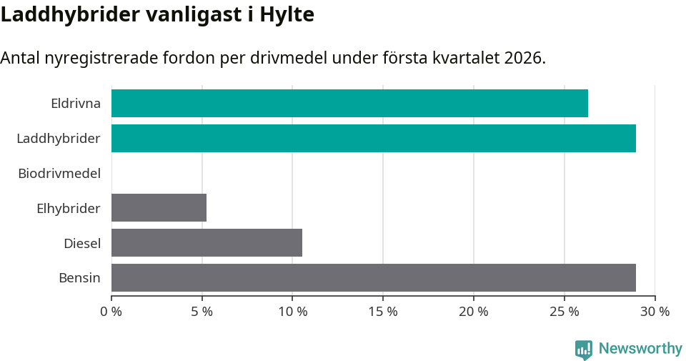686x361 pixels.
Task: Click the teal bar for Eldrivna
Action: (x=349, y=103)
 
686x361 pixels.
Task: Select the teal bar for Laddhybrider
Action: (x=374, y=138)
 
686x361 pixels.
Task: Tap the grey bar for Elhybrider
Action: (x=159, y=207)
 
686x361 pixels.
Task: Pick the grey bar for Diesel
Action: (x=207, y=242)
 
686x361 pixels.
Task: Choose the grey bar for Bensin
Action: (x=374, y=277)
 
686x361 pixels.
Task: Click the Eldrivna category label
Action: (x=76, y=103)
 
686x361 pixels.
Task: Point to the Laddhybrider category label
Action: (x=59, y=138)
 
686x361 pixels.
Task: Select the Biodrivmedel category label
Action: (x=59, y=173)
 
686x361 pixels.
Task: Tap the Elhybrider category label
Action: (x=69, y=208)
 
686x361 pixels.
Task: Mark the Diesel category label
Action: (x=82, y=243)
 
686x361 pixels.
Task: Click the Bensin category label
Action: (x=79, y=277)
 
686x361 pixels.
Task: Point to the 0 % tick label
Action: (x=111, y=312)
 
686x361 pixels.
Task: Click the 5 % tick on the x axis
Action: (x=202, y=312)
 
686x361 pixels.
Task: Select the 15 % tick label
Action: (x=383, y=312)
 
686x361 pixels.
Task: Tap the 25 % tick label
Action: (x=564, y=312)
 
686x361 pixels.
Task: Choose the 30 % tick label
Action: (x=655, y=312)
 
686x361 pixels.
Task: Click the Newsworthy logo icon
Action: (x=584, y=349)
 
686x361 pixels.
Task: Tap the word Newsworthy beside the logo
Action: (x=640, y=349)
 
